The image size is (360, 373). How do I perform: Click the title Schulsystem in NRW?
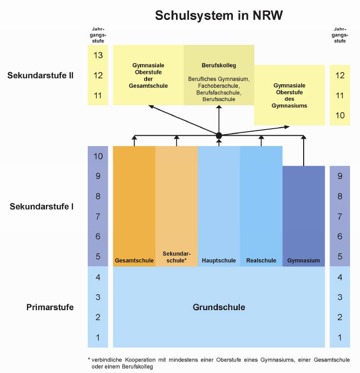pos(219,15)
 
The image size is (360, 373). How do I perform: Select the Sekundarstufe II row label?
pos(41,75)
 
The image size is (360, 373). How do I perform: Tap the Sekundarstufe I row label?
pos(42,206)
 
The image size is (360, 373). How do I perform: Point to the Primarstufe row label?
pos(50,307)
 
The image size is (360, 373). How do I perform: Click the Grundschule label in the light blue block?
pos(219,307)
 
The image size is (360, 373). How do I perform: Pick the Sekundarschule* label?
pos(177,257)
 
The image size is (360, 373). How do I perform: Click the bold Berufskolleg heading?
pos(219,65)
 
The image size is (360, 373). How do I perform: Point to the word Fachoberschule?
pos(218,86)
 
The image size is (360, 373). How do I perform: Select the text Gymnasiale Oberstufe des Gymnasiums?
pos(289,96)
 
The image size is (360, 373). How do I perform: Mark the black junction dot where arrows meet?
pos(219,136)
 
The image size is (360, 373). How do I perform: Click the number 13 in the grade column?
pos(98,55)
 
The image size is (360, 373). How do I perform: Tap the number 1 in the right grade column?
pos(340,338)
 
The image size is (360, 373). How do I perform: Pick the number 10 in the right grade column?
pos(340,115)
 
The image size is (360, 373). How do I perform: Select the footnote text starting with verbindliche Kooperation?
pos(222,363)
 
